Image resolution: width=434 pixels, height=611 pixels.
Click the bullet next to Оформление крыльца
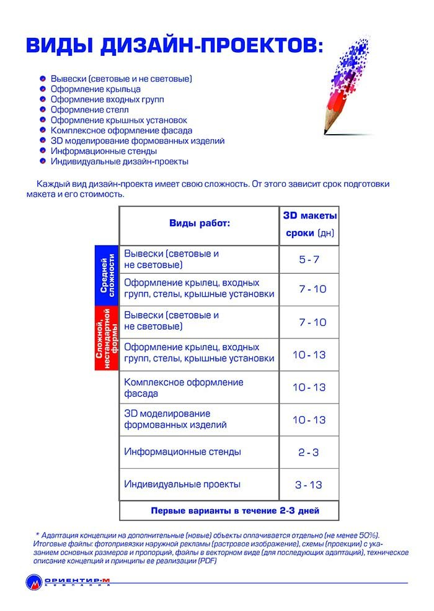(x=42, y=89)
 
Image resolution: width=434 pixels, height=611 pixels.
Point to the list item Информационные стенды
(x=104, y=151)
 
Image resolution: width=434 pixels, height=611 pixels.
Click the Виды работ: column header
(x=199, y=224)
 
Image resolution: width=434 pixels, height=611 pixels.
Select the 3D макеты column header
(x=309, y=217)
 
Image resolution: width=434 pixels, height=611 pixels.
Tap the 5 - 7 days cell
(x=309, y=260)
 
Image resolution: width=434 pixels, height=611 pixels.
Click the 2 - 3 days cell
(x=309, y=453)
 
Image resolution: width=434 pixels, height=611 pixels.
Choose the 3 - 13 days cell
(x=309, y=485)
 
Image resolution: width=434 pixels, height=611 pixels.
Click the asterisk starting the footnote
(x=37, y=535)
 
